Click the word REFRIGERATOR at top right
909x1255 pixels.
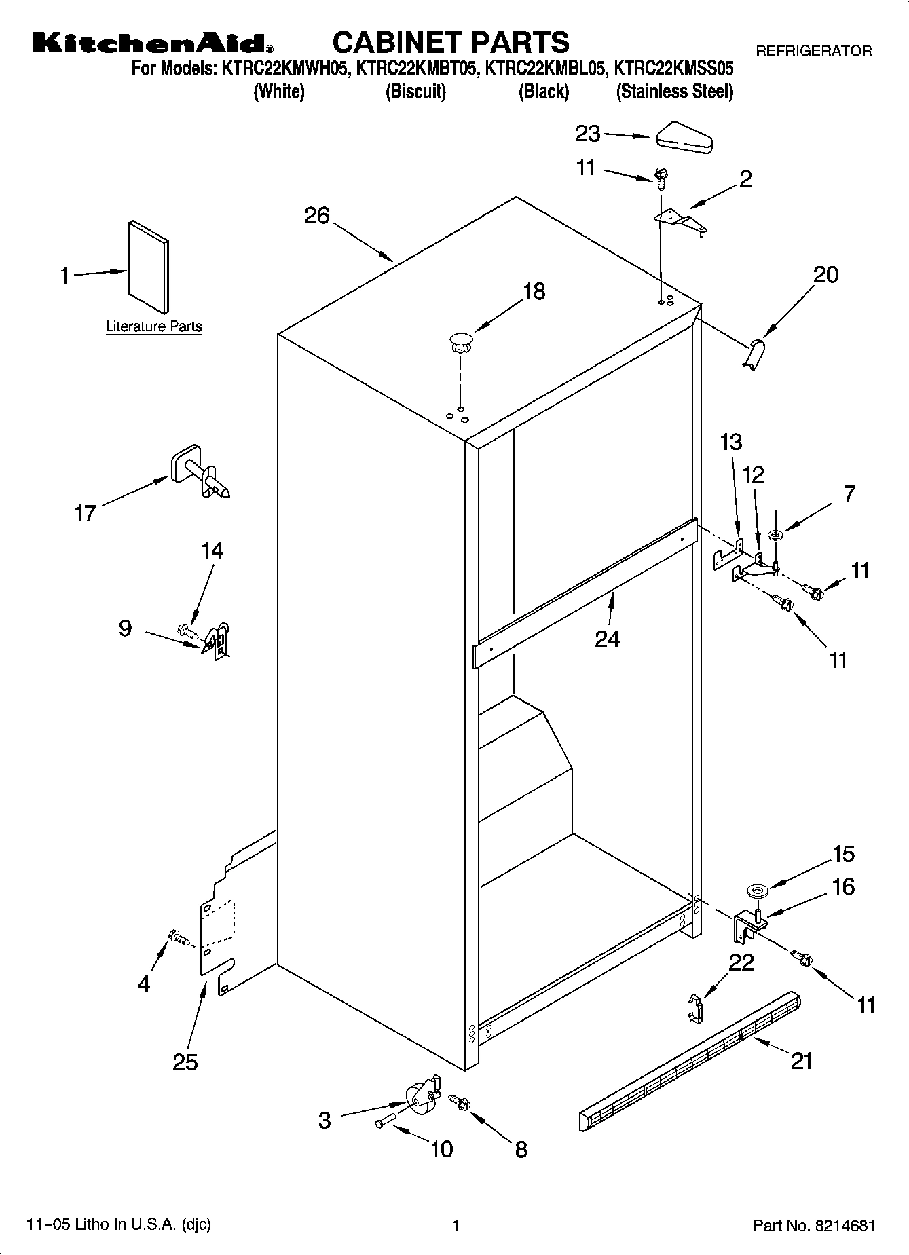pyautogui.click(x=813, y=50)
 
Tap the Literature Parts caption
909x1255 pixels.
pyautogui.click(x=154, y=326)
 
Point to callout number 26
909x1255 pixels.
pyautogui.click(x=316, y=216)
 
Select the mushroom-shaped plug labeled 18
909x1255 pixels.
pyautogui.click(x=460, y=341)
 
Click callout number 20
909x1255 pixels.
pyautogui.click(x=825, y=275)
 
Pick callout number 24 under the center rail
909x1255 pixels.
pyautogui.click(x=607, y=639)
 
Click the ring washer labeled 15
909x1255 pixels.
pyautogui.click(x=756, y=890)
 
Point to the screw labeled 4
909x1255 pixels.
pyautogui.click(x=178, y=939)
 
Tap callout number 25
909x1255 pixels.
pyautogui.click(x=185, y=1062)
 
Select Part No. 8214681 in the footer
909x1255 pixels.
pyautogui.click(x=813, y=1225)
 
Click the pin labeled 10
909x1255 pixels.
pyautogui.click(x=384, y=1121)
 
